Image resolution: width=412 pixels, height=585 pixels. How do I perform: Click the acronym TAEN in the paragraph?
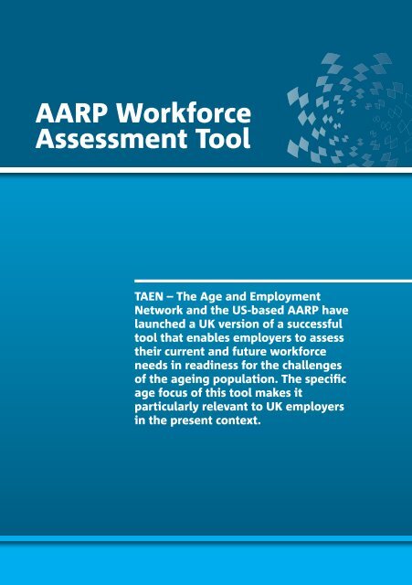pos(153,297)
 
